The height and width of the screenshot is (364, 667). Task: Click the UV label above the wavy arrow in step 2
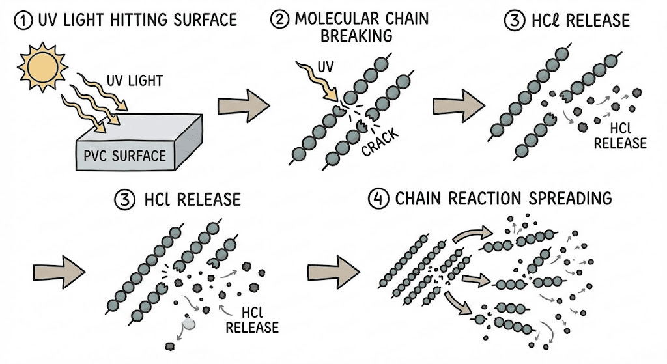click(x=323, y=68)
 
